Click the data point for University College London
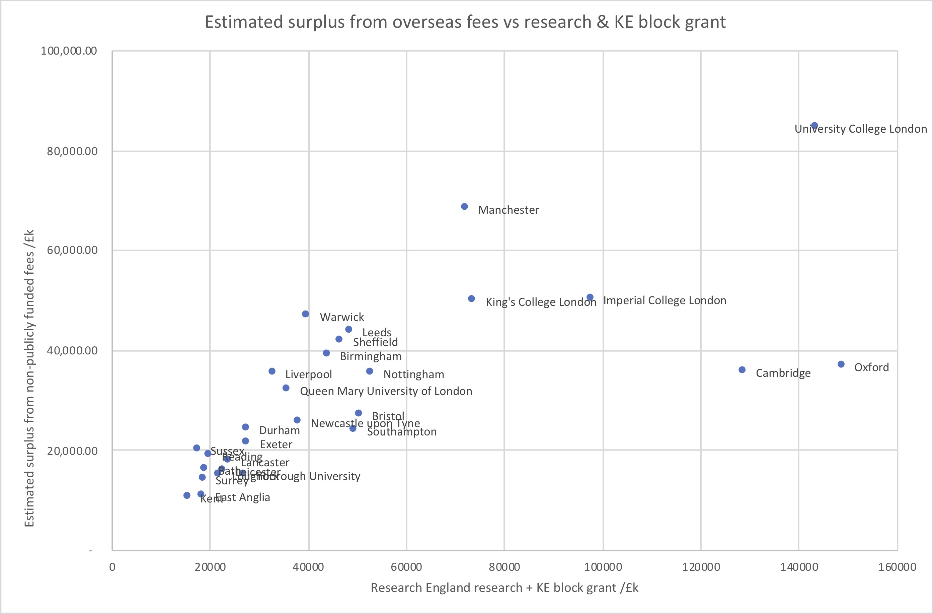coord(814,126)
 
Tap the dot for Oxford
coord(841,364)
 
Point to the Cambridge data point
coord(742,370)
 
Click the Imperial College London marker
coord(590,297)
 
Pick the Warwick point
coord(305,314)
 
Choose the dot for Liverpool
coord(272,371)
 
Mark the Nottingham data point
coord(370,371)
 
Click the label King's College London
coord(541,302)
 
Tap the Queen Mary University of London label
coord(386,391)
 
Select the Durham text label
coord(280,430)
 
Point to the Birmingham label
coord(371,356)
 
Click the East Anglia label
coord(243,497)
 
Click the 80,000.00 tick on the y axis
coord(72,151)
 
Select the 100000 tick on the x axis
coord(603,567)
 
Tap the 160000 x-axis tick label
coord(897,567)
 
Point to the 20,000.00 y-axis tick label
coord(72,451)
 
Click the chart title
coord(465,22)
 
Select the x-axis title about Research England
coord(504,588)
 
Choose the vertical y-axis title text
coord(29,378)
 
